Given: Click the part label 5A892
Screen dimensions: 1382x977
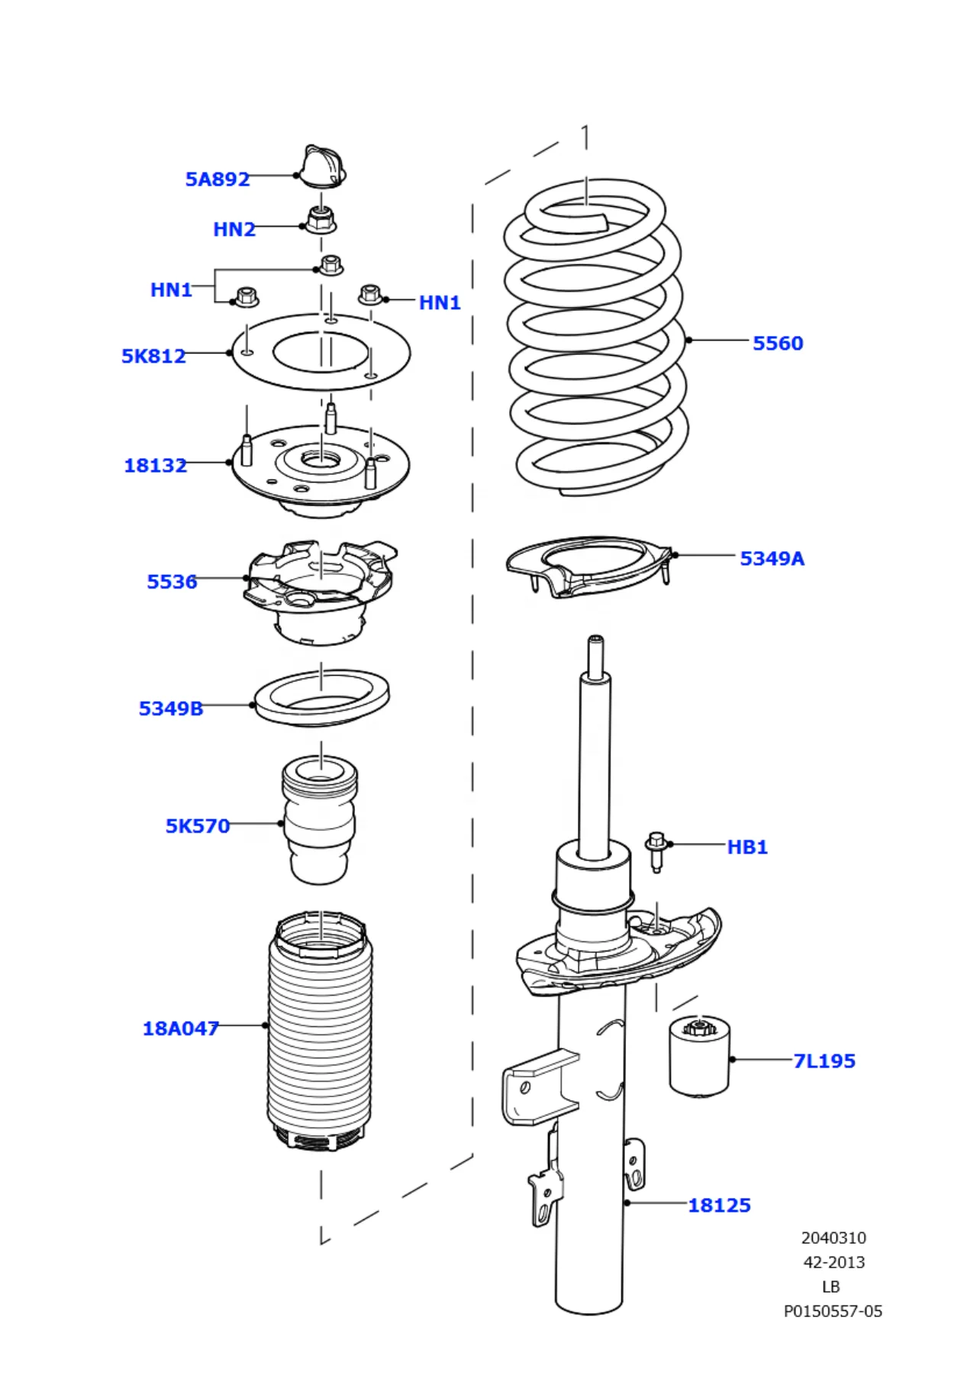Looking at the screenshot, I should (218, 179).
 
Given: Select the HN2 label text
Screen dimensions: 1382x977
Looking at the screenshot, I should (234, 229).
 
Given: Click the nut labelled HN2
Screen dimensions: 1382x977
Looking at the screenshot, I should (321, 220).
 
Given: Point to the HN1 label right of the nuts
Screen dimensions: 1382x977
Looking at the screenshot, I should (440, 302).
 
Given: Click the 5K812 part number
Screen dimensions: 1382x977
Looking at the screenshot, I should (153, 356).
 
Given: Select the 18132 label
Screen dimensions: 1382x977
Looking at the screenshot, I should (155, 465).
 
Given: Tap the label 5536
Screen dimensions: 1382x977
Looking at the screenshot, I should (172, 582).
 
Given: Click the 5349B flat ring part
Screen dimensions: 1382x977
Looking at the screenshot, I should (321, 697).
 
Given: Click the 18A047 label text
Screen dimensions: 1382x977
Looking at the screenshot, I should (181, 1028).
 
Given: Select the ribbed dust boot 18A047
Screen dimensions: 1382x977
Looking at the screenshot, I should (320, 1031).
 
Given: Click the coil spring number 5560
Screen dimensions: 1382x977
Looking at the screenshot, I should (778, 343).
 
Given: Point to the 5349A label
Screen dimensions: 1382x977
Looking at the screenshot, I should (772, 558).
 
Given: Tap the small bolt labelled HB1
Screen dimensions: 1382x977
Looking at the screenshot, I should (656, 850).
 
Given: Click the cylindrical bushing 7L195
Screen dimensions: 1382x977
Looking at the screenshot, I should (699, 1057).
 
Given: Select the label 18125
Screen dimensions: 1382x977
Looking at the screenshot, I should (719, 1205).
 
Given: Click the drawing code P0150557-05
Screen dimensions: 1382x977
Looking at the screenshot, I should (833, 1311).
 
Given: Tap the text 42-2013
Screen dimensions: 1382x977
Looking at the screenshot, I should (834, 1262).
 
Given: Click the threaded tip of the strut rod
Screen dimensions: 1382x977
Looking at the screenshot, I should (595, 648).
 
